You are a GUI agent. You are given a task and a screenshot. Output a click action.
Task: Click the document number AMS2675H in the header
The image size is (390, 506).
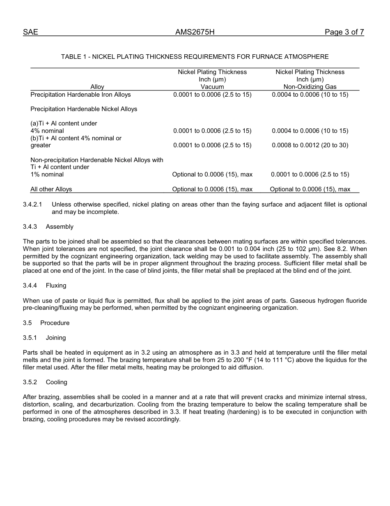click(x=195, y=32)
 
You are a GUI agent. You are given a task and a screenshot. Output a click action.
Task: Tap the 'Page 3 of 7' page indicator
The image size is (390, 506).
click(x=344, y=32)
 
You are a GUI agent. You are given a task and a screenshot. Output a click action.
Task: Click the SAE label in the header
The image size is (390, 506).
click(x=30, y=32)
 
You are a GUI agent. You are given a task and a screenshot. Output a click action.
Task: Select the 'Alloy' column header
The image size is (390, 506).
click(x=97, y=87)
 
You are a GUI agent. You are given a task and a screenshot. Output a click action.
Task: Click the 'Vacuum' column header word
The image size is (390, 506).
click(x=212, y=87)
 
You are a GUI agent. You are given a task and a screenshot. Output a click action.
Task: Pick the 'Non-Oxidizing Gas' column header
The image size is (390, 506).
click(x=310, y=87)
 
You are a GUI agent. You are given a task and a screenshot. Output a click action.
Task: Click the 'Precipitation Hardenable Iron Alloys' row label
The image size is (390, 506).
click(x=80, y=95)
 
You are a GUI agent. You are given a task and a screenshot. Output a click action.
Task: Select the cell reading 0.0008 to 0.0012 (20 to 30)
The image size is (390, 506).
click(x=310, y=145)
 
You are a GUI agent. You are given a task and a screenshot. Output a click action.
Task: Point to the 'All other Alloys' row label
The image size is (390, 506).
click(x=51, y=189)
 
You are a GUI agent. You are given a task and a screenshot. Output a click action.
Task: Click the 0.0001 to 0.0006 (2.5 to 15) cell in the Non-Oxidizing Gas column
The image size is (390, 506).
click(x=310, y=174)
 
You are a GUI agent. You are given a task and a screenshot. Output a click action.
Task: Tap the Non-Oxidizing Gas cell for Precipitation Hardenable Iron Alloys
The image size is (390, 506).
click(x=310, y=95)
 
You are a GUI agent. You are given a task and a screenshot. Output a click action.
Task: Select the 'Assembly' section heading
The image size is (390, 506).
click(x=60, y=227)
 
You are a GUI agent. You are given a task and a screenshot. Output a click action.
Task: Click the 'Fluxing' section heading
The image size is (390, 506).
click(x=56, y=285)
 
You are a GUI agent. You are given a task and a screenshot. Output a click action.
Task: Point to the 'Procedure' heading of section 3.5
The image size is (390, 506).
click(x=55, y=323)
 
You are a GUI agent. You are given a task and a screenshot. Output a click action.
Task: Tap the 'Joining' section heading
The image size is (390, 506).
click(x=56, y=338)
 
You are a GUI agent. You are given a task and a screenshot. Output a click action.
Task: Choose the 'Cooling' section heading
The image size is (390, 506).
click(x=56, y=382)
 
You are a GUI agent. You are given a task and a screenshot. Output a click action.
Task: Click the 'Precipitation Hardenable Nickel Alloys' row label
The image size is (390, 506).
click(x=84, y=109)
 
